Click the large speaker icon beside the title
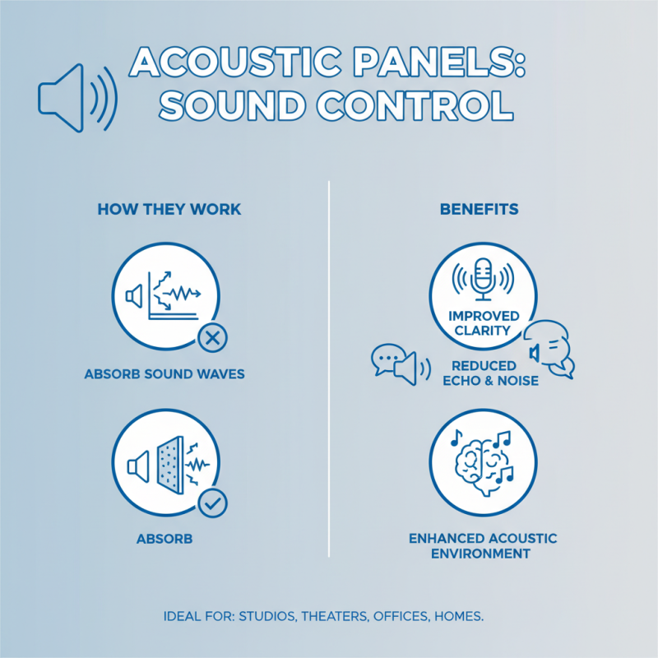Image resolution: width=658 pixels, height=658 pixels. tap(76, 97)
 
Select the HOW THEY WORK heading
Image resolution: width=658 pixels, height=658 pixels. tap(169, 209)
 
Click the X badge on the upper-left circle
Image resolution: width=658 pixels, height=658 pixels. tap(213, 337)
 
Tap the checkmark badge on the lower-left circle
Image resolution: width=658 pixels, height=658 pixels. tap(213, 503)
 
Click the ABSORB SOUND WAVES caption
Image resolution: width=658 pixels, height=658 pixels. tap(164, 374)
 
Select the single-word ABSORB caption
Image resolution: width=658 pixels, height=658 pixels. tap(164, 540)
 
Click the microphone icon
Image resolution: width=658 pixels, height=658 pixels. tap(483, 277)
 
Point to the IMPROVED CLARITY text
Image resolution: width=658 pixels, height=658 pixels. tap(484, 323)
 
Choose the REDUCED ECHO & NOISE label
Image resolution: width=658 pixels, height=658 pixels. tap(484, 373)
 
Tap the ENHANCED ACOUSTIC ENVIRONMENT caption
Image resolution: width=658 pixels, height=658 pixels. tap(483, 546)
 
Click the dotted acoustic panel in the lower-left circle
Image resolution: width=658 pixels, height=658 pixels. tap(170, 466)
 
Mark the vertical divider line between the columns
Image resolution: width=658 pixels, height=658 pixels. tap(329, 370)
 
